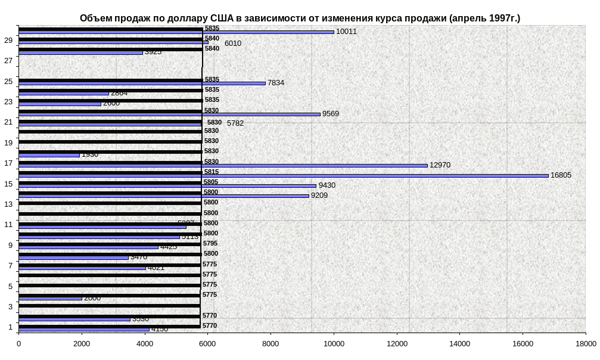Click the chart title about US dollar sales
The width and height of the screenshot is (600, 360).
pyautogui.click(x=300, y=18)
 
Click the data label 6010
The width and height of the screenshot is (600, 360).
pyautogui.click(x=233, y=44)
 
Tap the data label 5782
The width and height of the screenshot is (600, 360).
pyautogui.click(x=235, y=123)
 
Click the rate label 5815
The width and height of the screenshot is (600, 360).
pyautogui.click(x=212, y=172)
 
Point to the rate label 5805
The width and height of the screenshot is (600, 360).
pyautogui.click(x=211, y=182)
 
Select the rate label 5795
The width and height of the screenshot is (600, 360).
pyautogui.click(x=210, y=243)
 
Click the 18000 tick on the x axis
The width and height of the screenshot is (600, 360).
pyautogui.click(x=585, y=343)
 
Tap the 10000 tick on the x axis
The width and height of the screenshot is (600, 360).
pyautogui.click(x=334, y=343)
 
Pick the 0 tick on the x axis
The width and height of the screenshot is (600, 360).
pyautogui.click(x=19, y=343)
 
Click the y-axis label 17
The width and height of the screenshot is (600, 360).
pyautogui.click(x=8, y=163)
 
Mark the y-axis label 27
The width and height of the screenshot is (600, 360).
pyautogui.click(x=8, y=61)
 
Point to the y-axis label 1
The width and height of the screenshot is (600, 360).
pyautogui.click(x=10, y=327)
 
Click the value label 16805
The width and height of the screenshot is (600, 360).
pyautogui.click(x=561, y=175)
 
